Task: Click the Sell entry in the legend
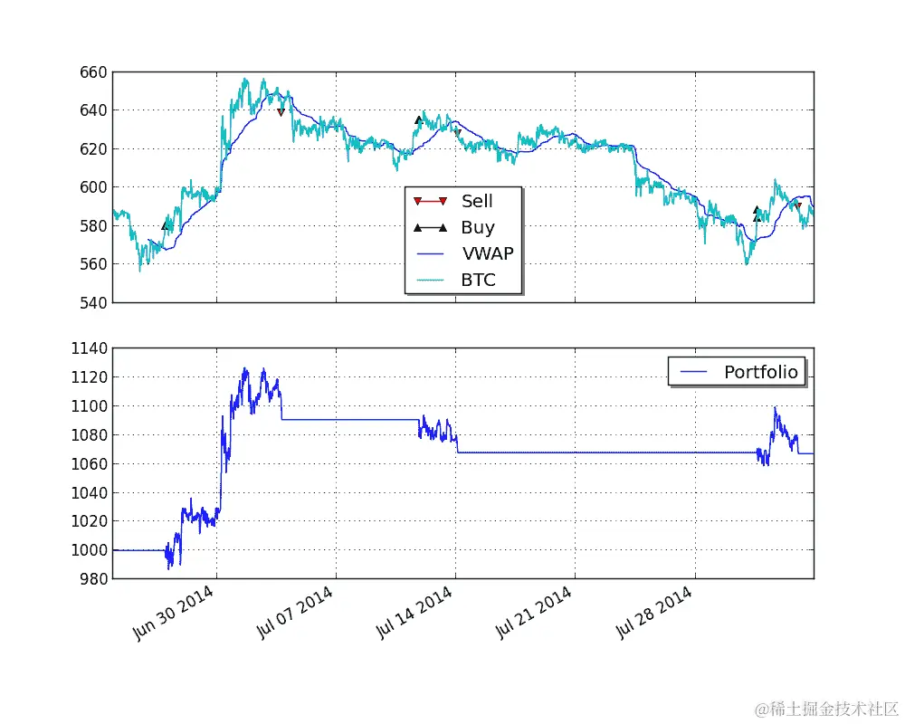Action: [x=477, y=201]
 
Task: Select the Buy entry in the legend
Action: [x=478, y=228]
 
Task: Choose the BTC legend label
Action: [x=478, y=280]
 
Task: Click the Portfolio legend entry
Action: [x=760, y=371]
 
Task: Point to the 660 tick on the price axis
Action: [x=94, y=72]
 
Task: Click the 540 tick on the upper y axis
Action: [x=94, y=302]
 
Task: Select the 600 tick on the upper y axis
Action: [x=94, y=187]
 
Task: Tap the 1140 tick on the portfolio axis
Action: [x=90, y=348]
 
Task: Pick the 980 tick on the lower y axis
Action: [x=94, y=578]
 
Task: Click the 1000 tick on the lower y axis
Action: [x=90, y=549]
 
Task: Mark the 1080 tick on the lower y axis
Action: [x=90, y=435]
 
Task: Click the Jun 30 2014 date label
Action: [x=173, y=613]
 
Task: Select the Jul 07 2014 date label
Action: [x=293, y=613]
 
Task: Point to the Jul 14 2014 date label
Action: [x=414, y=613]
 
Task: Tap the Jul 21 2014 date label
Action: [x=533, y=613]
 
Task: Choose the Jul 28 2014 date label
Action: [x=653, y=613]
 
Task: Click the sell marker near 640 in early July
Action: [x=281, y=112]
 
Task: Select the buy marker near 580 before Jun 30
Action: [x=165, y=225]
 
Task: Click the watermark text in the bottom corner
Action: [x=826, y=708]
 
